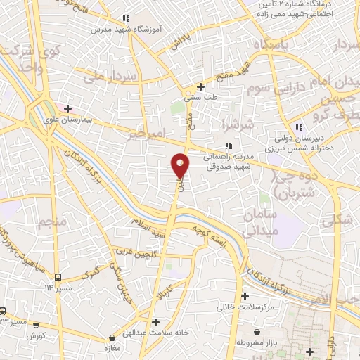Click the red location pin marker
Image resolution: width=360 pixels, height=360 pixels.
[x=181, y=166]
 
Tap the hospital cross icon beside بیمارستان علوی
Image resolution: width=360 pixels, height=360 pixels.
[x=67, y=108]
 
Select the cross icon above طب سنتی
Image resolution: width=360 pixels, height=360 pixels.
[x=201, y=87]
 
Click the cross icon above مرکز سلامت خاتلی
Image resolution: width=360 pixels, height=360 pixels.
[x=245, y=297]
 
